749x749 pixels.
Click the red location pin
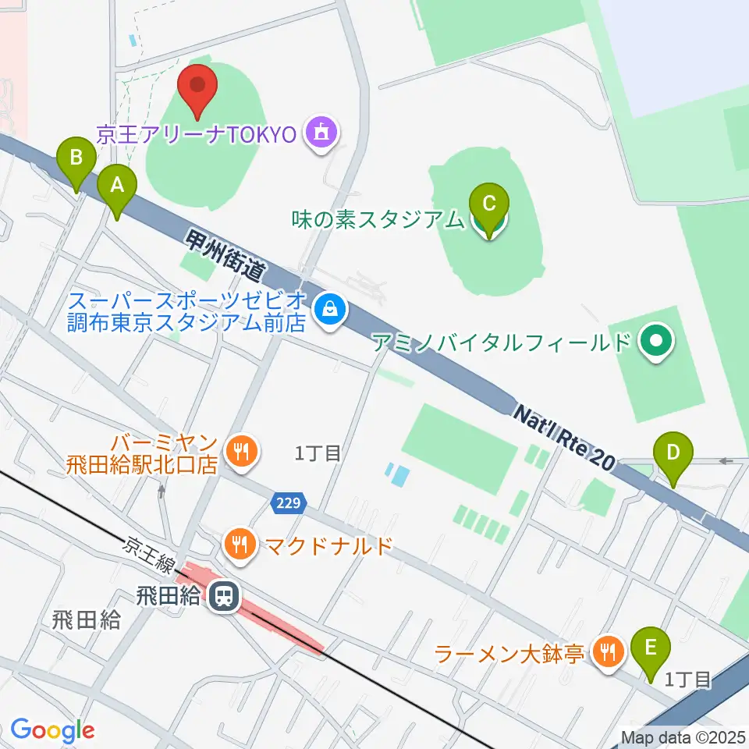[198, 87]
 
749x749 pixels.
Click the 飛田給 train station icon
[224, 598]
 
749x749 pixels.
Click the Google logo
[52, 730]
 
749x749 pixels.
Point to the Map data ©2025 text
[683, 737]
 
